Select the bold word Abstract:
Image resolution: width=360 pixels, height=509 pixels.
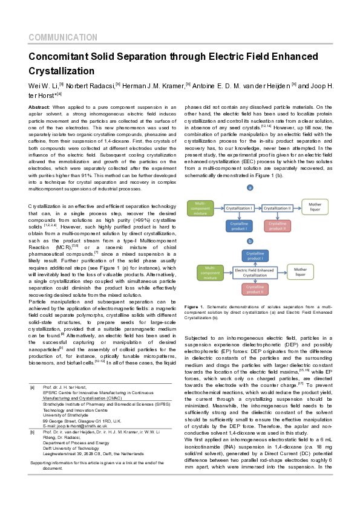click(x=39, y=106)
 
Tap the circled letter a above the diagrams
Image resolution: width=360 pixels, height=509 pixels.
click(x=249, y=188)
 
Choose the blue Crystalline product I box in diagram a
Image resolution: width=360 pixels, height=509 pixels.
click(x=239, y=226)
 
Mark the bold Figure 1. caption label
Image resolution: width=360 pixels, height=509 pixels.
click(x=195, y=308)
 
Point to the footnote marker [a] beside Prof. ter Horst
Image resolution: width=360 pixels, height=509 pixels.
click(x=32, y=386)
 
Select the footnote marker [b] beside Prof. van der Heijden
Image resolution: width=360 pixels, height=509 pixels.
click(x=32, y=433)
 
